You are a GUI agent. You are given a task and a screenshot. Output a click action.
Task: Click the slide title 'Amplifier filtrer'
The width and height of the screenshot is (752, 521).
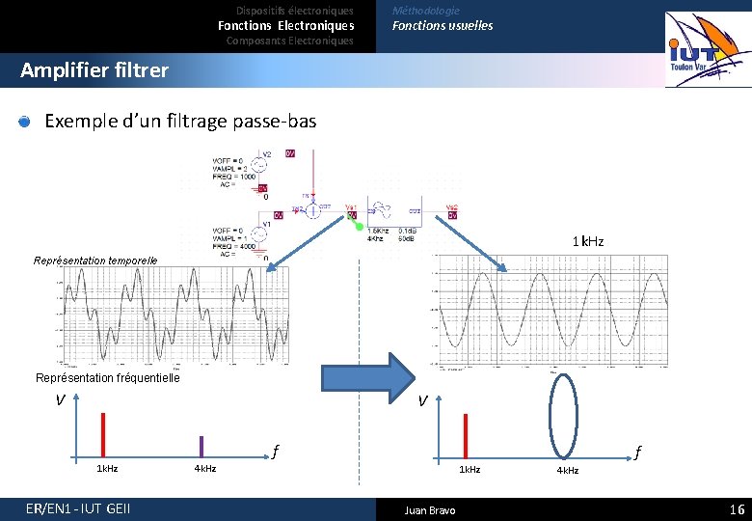click(94, 70)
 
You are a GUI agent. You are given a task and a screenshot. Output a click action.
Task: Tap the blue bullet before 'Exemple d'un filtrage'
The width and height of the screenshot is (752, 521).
click(25, 122)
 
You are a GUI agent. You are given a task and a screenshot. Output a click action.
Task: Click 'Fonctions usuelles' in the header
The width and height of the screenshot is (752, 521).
click(442, 26)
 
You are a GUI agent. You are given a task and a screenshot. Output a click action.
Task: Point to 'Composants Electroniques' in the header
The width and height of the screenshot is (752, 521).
click(289, 41)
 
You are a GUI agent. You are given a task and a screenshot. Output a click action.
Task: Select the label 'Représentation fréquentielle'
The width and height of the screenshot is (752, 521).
click(107, 378)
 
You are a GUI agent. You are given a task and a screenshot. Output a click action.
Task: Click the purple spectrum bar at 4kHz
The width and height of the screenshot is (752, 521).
click(201, 446)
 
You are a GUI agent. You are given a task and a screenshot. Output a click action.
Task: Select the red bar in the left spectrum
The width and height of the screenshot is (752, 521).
click(102, 433)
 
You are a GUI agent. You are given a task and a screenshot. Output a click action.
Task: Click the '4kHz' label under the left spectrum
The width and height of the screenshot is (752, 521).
click(204, 469)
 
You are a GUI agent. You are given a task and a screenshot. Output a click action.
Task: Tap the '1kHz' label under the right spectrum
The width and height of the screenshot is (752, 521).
click(470, 469)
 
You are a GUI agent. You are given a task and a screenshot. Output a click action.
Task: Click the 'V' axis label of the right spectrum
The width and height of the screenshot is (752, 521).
click(422, 402)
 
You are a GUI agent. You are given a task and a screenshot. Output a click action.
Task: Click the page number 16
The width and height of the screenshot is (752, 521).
click(737, 509)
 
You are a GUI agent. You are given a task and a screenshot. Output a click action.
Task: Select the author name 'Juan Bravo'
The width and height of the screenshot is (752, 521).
click(430, 509)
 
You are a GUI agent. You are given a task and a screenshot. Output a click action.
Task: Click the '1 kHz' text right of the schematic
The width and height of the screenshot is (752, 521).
click(588, 241)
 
